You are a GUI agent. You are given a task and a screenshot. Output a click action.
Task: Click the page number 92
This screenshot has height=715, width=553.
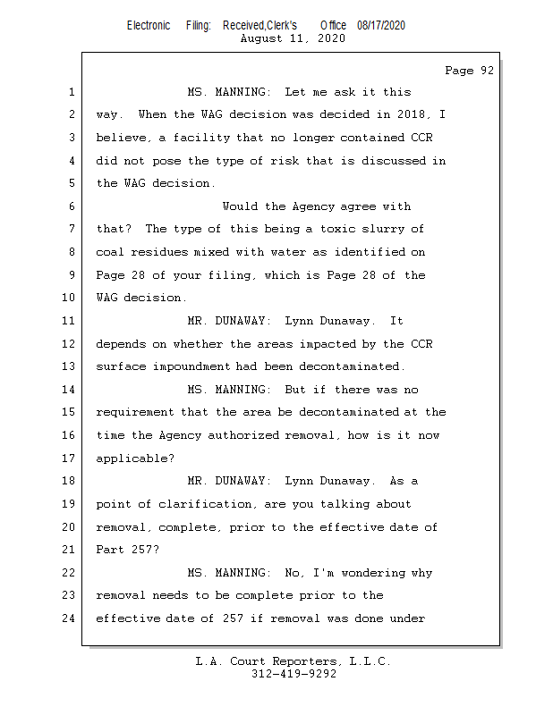(x=488, y=71)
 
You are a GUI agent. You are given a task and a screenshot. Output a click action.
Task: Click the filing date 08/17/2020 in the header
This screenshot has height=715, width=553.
(x=381, y=26)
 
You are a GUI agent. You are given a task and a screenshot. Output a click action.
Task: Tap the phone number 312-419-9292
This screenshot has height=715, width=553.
(x=294, y=674)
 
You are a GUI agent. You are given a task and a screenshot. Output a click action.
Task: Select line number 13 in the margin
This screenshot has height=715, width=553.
(x=69, y=366)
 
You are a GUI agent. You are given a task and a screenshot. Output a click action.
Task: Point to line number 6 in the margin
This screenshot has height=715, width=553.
(x=72, y=206)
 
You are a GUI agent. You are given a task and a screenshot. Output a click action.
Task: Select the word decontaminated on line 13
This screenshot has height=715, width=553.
(x=349, y=366)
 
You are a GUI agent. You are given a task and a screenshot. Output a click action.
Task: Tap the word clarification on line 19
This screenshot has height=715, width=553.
(x=205, y=504)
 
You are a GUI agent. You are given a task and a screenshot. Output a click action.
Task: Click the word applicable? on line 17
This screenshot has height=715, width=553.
(x=135, y=458)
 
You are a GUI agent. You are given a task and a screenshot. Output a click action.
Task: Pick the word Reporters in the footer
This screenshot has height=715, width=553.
(x=305, y=661)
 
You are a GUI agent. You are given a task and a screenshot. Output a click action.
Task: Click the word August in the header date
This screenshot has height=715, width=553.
(x=261, y=38)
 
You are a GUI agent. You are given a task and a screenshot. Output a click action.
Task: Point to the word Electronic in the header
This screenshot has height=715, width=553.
(x=149, y=26)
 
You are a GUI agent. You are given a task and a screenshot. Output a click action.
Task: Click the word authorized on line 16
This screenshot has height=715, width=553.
(x=243, y=435)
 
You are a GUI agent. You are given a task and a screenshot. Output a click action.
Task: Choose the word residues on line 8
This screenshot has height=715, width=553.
(x=159, y=252)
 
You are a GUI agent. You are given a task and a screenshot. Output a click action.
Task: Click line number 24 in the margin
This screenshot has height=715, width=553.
(x=69, y=618)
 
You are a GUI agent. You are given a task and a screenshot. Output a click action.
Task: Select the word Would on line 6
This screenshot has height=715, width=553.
(x=240, y=206)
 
